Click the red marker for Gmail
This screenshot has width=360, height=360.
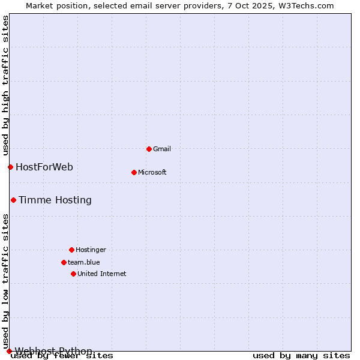coord(149,149)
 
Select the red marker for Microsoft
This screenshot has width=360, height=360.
coord(134,172)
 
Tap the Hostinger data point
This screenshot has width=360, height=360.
coord(71,250)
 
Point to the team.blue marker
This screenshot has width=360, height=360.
coord(64,262)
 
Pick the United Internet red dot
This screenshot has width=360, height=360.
coord(73,274)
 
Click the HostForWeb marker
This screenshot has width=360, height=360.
coord(10,167)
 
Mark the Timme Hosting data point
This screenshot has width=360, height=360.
coord(13,200)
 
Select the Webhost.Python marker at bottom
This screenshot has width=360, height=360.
coord(9,351)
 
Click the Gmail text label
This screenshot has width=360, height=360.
coord(162,149)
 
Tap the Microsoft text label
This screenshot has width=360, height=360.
coord(152,172)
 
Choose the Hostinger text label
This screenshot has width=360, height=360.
coord(91,250)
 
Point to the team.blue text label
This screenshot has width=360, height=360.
coord(84,262)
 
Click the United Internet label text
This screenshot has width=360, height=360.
coord(102,274)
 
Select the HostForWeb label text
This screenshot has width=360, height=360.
coord(44,167)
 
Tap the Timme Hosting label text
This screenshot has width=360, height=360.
coord(55,200)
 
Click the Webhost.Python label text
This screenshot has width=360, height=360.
coord(54,351)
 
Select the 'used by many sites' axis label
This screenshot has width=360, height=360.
coord(301,355)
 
